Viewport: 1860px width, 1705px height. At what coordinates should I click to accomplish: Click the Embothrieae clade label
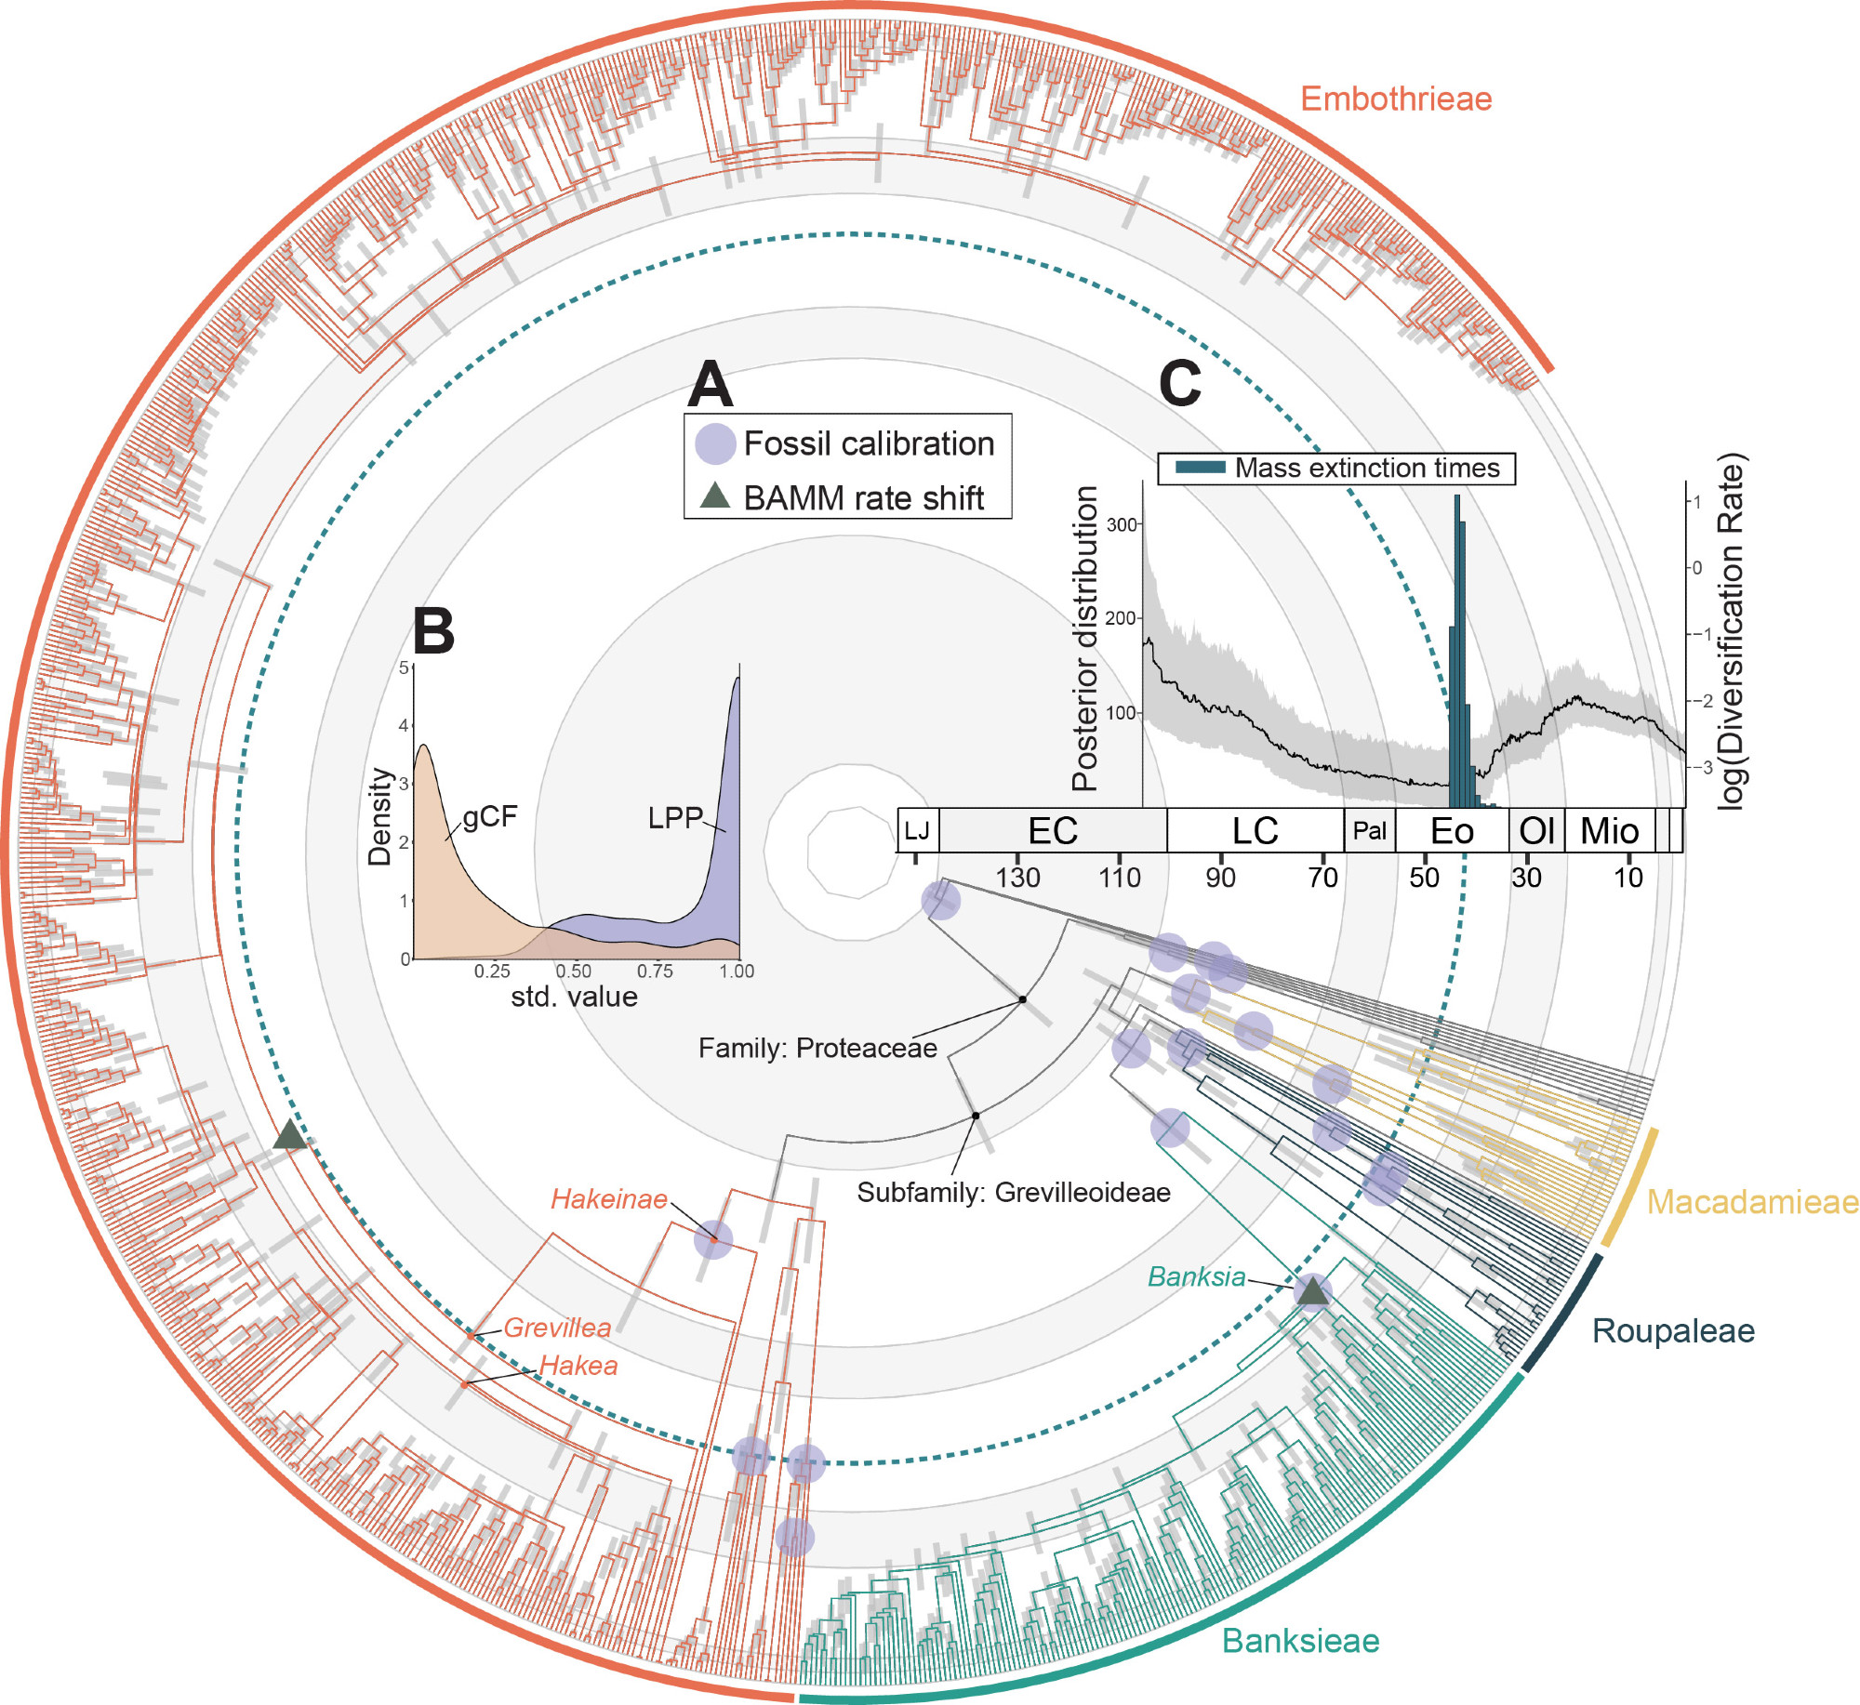point(1395,99)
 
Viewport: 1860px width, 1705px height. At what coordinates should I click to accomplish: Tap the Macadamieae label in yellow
point(1752,1202)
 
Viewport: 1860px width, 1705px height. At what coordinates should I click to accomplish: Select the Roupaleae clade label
point(1673,1330)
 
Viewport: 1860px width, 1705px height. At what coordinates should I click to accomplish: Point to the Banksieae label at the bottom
point(1300,1641)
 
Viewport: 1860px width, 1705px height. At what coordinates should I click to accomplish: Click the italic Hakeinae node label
point(609,1199)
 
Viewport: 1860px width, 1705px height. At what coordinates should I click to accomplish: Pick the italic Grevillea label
point(557,1328)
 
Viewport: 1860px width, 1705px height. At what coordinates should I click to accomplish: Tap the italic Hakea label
point(578,1366)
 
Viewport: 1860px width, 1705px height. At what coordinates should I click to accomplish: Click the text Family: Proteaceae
point(817,1048)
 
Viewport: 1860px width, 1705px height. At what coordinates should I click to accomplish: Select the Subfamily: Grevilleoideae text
point(1014,1192)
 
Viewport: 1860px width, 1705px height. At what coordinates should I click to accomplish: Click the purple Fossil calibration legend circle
point(715,444)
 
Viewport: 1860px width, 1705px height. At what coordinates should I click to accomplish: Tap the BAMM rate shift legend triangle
point(714,496)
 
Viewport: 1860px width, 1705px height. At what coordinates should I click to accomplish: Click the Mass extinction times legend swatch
point(1200,468)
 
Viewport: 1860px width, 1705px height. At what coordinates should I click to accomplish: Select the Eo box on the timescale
point(1452,831)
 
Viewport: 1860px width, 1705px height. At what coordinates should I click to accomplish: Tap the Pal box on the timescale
point(1369,831)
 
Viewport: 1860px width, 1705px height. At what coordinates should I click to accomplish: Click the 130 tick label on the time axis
point(1017,878)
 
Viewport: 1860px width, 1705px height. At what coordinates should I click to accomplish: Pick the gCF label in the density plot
point(490,816)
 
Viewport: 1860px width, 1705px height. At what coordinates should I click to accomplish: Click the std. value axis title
point(574,997)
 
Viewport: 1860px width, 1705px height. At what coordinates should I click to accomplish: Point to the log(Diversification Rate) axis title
point(1732,632)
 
